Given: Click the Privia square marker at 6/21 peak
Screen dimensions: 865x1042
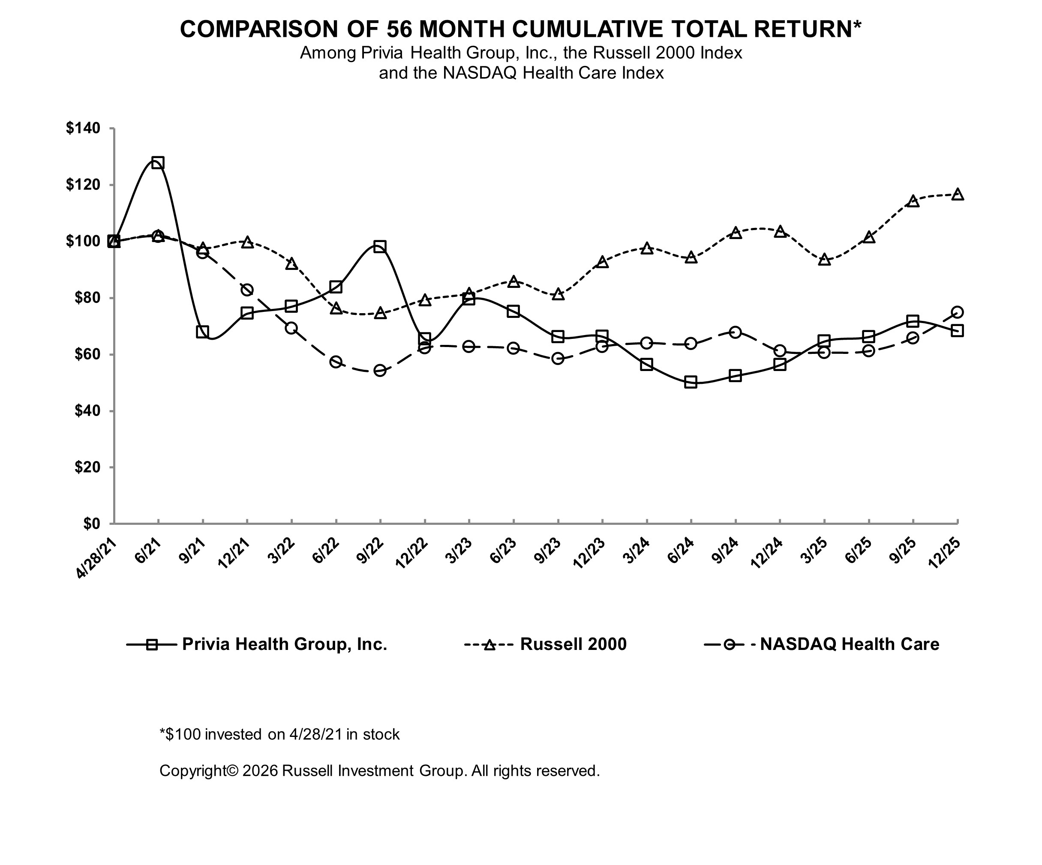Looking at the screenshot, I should [x=158, y=163].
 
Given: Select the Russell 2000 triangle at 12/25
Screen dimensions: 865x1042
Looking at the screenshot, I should [x=958, y=195].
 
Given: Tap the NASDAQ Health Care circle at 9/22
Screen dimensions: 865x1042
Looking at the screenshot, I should [x=380, y=371].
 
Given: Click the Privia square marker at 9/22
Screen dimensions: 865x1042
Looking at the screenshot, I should [x=380, y=246].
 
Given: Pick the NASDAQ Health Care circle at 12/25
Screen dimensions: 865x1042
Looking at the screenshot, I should [x=958, y=312].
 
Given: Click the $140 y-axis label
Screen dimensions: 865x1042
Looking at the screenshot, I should [x=83, y=129].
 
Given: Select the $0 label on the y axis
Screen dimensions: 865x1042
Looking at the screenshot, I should [x=92, y=524].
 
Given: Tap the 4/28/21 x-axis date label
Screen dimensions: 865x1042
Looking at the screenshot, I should [x=97, y=559].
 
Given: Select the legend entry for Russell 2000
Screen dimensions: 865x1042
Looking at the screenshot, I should [x=573, y=644].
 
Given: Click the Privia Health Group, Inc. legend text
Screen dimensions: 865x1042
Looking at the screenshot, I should [x=284, y=644].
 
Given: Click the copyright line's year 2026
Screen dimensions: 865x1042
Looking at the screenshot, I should [x=260, y=771].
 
